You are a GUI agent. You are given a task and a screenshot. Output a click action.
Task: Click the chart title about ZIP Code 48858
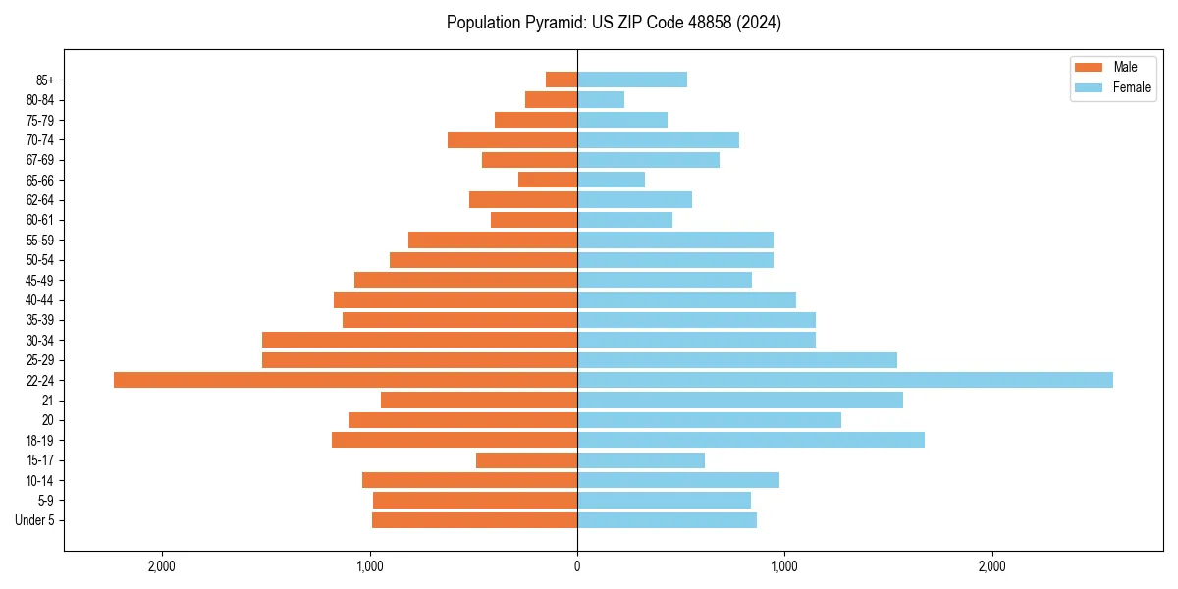614,23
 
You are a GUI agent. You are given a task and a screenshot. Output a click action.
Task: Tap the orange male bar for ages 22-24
346,380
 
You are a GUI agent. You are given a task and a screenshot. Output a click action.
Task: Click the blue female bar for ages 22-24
844,380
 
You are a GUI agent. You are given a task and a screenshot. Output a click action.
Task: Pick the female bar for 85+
632,80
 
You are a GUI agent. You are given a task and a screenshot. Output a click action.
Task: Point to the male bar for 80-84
551,99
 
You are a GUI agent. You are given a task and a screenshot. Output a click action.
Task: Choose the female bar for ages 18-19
751,440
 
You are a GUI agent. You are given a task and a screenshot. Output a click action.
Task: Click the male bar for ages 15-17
526,460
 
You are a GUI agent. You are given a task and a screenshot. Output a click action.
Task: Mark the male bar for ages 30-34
419,340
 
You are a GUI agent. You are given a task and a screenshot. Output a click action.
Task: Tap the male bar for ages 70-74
512,139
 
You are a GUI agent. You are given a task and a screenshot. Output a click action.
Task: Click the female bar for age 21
740,400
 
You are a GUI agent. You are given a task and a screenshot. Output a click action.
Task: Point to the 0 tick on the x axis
577,565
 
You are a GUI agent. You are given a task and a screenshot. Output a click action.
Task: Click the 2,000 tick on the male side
162,565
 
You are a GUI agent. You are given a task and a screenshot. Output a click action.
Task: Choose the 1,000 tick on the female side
784,565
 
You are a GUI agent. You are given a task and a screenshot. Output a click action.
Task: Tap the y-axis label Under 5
34,520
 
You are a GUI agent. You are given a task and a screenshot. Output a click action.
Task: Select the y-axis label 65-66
40,180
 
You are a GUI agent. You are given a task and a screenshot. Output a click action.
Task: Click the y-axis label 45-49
40,280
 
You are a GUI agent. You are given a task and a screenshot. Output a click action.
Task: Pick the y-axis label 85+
44,80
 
